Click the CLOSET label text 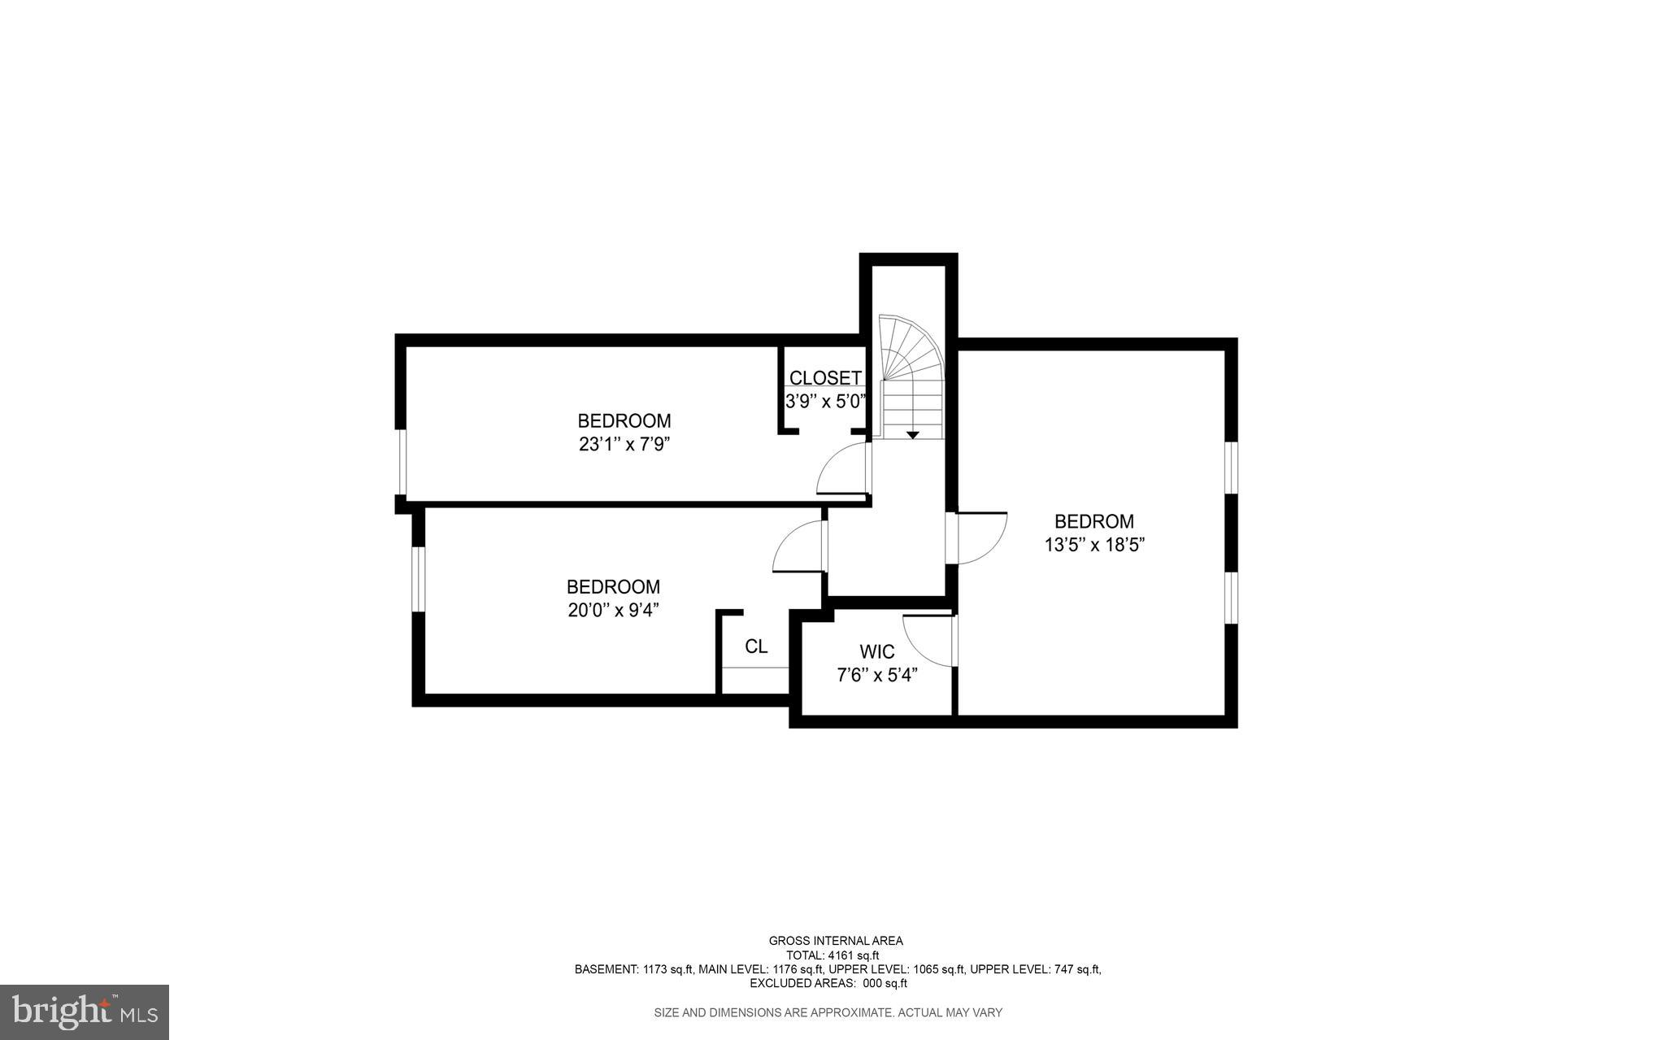point(825,378)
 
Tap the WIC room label point(877,652)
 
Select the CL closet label point(756,646)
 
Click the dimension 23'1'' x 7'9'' point(624,445)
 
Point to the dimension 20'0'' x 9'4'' point(613,611)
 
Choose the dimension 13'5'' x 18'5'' point(1094,545)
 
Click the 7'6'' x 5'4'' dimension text point(877,675)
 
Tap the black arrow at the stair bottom point(912,435)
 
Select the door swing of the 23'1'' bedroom point(841,469)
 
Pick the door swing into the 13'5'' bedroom point(982,537)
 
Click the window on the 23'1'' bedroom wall point(401,461)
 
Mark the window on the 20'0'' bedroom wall point(418,578)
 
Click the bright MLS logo point(85,1012)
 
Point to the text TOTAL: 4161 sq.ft point(832,955)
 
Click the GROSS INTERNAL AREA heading point(835,941)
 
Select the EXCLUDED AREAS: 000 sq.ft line point(828,983)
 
